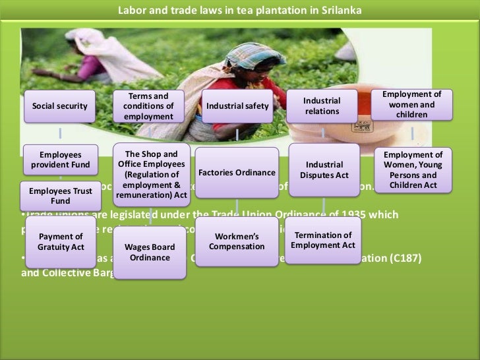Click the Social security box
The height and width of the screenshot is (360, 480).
point(59,106)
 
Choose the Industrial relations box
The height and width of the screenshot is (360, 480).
point(322,106)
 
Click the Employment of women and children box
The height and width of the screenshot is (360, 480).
point(411,105)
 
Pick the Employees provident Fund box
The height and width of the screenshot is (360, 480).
point(60,160)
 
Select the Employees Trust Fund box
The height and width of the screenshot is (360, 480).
point(60,195)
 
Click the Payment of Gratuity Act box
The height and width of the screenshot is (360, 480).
point(60,241)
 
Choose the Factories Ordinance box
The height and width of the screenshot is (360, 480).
point(237,173)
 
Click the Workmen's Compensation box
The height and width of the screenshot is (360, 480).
point(237,241)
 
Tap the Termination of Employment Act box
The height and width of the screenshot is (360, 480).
point(323,240)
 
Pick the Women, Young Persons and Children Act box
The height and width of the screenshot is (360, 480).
point(413,170)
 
